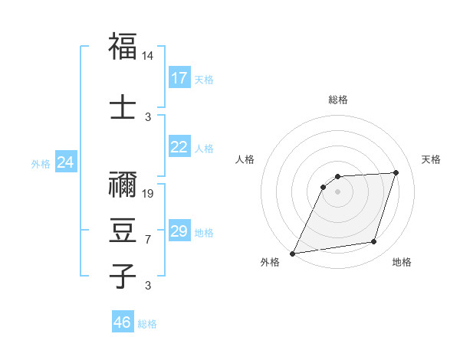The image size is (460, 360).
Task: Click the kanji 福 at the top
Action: (x=123, y=47)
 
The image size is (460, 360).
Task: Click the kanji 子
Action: (x=123, y=277)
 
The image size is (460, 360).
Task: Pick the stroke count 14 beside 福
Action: (x=148, y=57)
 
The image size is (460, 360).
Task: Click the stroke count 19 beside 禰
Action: (x=148, y=193)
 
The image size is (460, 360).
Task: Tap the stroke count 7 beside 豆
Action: (x=148, y=240)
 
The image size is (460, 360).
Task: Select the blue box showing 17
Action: (x=179, y=78)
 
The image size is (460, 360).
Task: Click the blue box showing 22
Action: (x=179, y=147)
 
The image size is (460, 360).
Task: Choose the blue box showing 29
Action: (x=179, y=231)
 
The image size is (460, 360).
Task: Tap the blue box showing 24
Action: (x=66, y=162)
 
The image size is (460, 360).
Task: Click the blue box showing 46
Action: (x=123, y=322)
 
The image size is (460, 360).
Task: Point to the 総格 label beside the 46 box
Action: (x=147, y=324)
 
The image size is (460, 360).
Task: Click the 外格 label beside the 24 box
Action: (x=41, y=163)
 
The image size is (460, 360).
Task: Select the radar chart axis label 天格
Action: (x=431, y=159)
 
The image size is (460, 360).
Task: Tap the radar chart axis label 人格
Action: (x=245, y=159)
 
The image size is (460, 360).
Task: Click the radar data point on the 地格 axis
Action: (x=374, y=242)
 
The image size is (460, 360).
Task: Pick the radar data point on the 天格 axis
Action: (x=396, y=172)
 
